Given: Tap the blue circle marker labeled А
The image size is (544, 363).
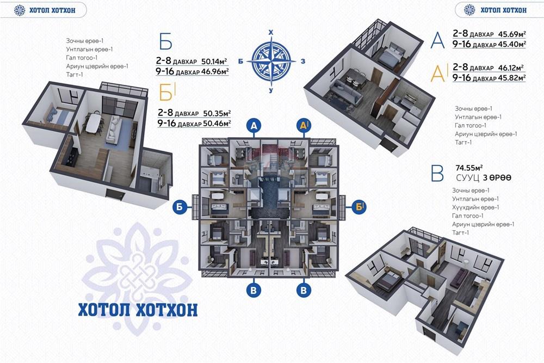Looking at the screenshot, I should pos(254,126).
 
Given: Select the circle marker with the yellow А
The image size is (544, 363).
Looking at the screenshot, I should pos(304,126).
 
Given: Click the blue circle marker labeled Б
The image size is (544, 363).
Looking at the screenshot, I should pos(180,206).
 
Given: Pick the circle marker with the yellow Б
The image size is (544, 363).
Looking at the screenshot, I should pos(359,206).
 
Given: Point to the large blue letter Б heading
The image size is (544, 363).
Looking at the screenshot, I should pos(165,42).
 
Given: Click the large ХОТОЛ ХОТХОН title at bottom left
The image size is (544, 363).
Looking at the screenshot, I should pos(138,310).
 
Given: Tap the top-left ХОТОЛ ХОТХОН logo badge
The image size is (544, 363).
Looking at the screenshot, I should pos(44,10).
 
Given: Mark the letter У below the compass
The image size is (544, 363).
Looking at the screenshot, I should pos(271,90).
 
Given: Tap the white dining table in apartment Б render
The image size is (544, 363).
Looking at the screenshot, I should pos(94,122).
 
